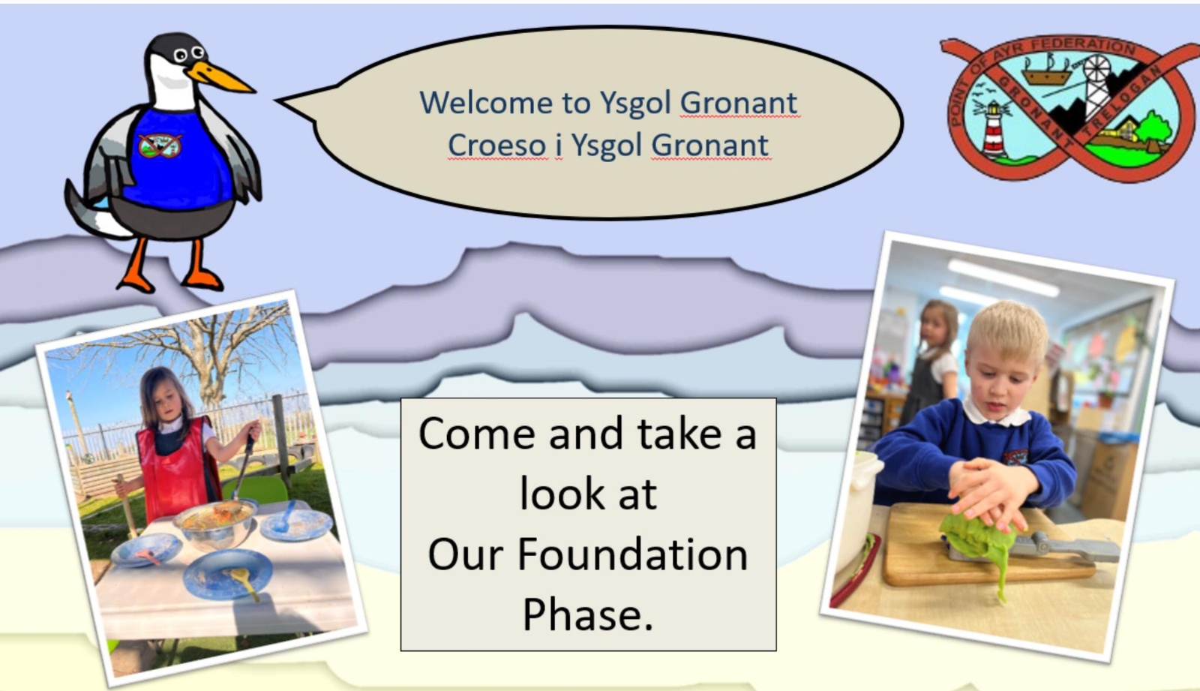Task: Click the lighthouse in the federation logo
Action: (x=994, y=128)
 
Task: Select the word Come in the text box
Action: (x=477, y=433)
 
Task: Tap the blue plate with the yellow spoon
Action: (x=228, y=575)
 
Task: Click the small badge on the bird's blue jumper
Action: (x=160, y=146)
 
